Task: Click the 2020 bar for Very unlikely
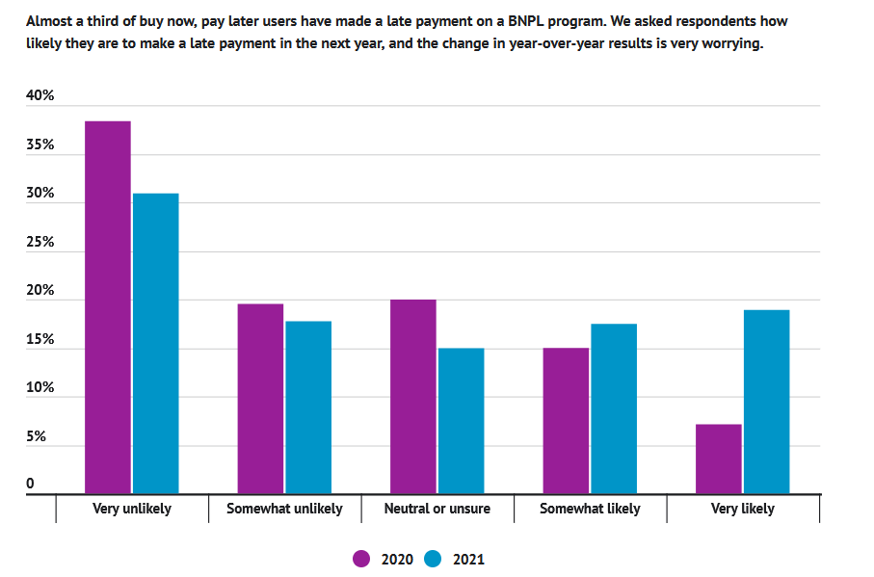point(108,307)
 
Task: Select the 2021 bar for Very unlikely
point(155,344)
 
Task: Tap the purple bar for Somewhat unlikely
point(260,399)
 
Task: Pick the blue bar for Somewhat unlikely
point(308,407)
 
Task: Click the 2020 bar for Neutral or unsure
point(413,397)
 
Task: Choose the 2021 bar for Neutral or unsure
point(461,421)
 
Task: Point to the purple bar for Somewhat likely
point(566,421)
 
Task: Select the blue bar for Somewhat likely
point(614,409)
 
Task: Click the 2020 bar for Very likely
point(719,459)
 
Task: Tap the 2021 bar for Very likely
point(766,402)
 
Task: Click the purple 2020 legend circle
point(362,559)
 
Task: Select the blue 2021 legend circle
point(434,559)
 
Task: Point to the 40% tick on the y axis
point(40,96)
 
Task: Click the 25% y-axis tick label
point(40,243)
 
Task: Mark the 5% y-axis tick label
point(37,436)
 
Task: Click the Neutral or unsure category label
point(437,509)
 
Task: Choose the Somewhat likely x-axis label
point(590,509)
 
